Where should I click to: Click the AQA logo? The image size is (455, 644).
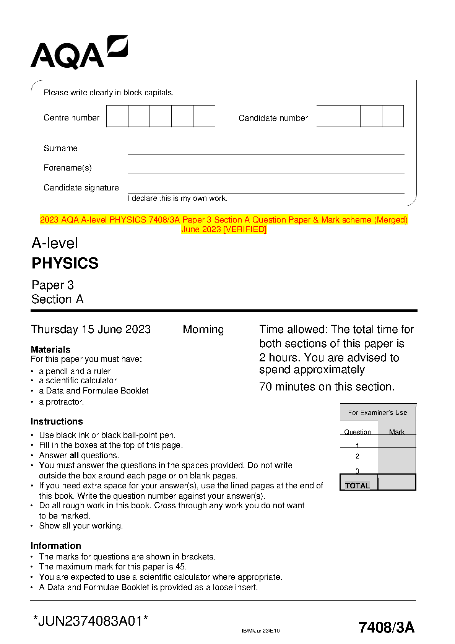tap(78, 53)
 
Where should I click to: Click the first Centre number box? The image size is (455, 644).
tap(117, 116)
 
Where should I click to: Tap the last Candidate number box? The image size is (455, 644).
tap(393, 116)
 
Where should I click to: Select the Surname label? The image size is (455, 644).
tap(60, 148)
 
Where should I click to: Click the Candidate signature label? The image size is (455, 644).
tap(81, 188)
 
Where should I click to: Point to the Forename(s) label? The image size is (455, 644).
tap(68, 168)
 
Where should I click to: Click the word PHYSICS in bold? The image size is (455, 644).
tap(65, 263)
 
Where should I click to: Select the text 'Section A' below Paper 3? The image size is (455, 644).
tap(57, 299)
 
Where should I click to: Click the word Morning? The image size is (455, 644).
tap(203, 329)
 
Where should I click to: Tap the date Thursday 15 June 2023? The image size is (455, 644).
tap(91, 329)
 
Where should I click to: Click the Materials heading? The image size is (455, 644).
tap(50, 350)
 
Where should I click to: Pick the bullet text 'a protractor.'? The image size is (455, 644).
tap(61, 402)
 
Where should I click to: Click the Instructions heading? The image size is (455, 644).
tap(57, 421)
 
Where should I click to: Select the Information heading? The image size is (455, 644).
tap(56, 546)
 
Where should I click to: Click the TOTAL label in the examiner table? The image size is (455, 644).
tap(357, 486)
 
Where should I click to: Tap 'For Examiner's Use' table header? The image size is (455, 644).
tap(377, 413)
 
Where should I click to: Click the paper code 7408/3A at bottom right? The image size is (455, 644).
tap(386, 628)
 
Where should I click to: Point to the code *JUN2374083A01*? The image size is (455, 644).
tap(91, 621)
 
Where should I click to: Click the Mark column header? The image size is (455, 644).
tap(396, 432)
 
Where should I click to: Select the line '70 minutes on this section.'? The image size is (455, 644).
tap(327, 387)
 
